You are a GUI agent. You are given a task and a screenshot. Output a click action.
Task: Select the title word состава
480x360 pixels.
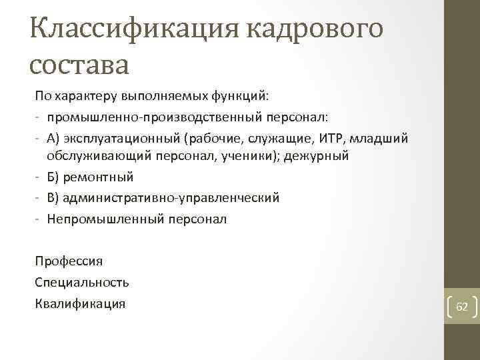point(79,65)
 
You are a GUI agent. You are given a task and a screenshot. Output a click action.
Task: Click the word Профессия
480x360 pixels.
point(69,261)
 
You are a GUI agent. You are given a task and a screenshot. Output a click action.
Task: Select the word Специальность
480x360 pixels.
point(82,282)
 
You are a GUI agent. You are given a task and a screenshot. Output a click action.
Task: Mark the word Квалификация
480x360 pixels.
point(80,303)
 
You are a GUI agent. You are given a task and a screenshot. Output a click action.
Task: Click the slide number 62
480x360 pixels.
point(461,307)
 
